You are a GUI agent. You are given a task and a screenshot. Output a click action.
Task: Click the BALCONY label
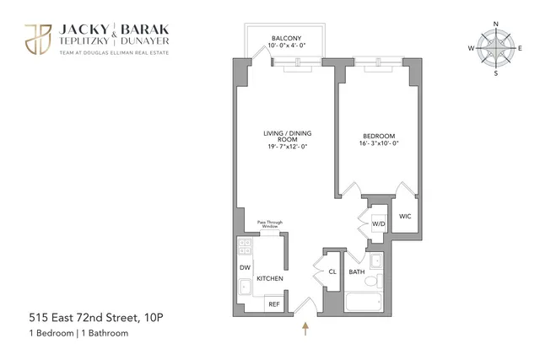(x=282, y=38)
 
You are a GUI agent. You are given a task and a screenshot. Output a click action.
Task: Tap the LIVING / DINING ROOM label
(x=282, y=137)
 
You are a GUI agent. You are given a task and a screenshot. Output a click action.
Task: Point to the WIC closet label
(x=406, y=216)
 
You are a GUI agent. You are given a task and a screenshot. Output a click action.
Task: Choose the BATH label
(x=357, y=271)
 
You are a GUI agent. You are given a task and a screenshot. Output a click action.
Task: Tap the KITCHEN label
(x=269, y=278)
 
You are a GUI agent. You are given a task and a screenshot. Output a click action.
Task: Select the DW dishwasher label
(x=245, y=268)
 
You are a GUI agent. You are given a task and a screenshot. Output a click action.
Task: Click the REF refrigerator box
(x=274, y=304)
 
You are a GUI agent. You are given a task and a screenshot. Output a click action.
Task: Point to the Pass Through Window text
(x=270, y=224)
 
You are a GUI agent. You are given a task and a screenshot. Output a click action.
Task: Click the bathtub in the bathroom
(x=364, y=301)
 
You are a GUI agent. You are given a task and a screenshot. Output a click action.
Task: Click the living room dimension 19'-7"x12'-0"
(x=282, y=148)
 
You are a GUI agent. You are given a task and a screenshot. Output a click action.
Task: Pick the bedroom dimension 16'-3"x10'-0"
(x=380, y=142)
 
